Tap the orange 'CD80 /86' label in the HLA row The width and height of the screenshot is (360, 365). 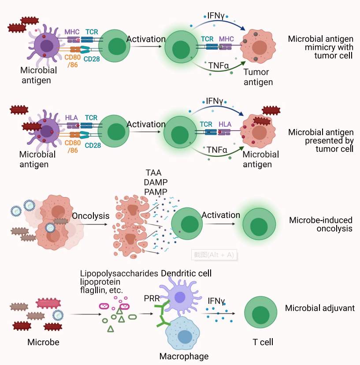tap(73, 147)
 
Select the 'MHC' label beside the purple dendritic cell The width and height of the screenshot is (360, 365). tap(71, 32)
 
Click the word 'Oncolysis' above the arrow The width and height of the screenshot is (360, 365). tap(90, 216)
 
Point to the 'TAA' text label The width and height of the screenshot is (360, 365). tap(154, 173)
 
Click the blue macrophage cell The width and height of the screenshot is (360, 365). tap(185, 336)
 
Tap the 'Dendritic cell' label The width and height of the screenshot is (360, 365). tap(186, 273)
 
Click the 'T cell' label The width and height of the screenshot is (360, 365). tap(263, 342)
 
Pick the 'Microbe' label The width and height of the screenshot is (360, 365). tap(43, 342)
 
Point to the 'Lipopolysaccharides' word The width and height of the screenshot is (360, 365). tap(119, 273)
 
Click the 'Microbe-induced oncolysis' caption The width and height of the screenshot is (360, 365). tap(321, 224)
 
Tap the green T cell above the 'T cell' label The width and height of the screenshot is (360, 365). tap(261, 315)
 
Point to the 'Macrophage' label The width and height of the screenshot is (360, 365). tap(184, 356)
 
